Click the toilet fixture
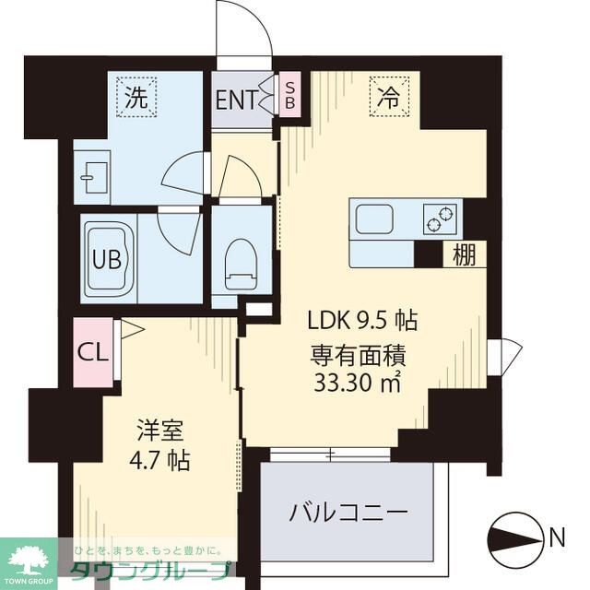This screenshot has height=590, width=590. pyautogui.click(x=241, y=259)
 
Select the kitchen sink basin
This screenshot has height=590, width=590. pyautogui.click(x=375, y=218)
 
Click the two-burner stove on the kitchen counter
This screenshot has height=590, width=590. pyautogui.click(x=441, y=218)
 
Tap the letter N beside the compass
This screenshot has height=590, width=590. pyautogui.click(x=558, y=536)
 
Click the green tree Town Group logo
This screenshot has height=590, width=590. pyautogui.click(x=28, y=556)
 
